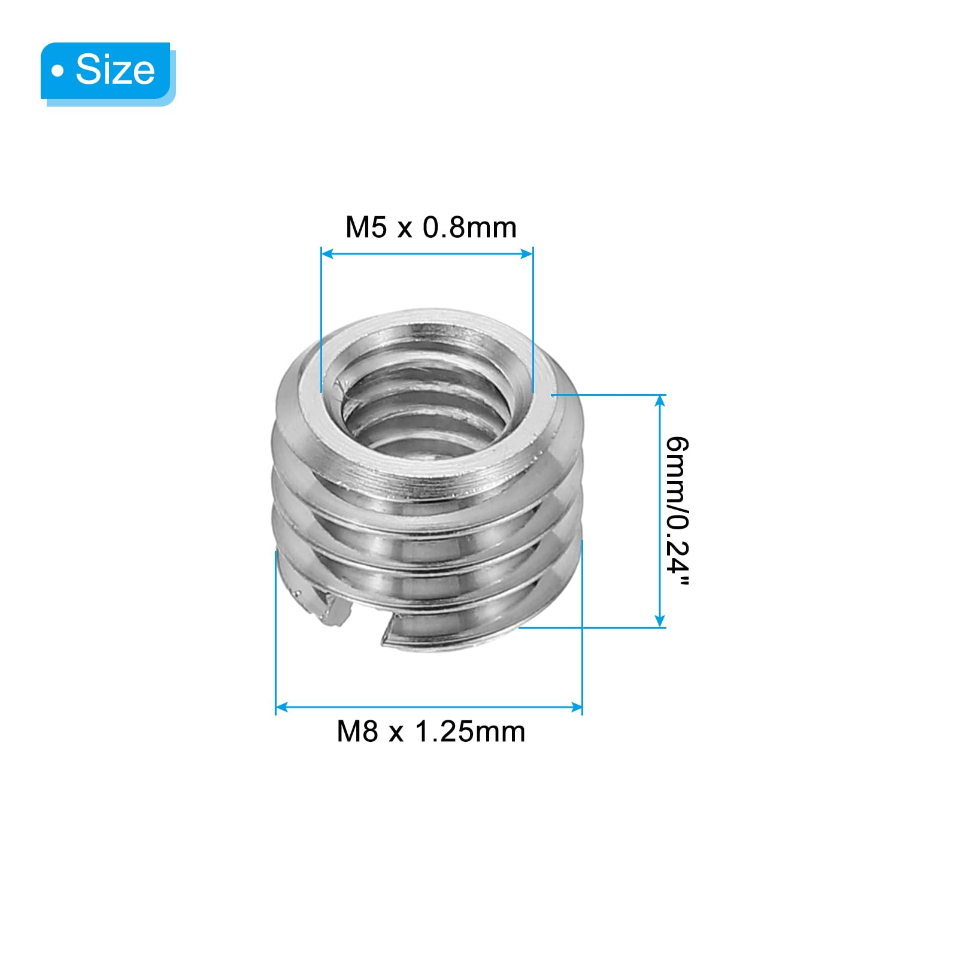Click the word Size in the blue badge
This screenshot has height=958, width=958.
[x=115, y=69]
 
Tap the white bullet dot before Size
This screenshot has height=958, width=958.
[x=58, y=72]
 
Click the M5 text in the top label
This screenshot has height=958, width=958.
[x=366, y=228]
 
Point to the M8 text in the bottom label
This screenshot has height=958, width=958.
[x=357, y=732]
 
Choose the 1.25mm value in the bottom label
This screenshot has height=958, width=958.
[x=469, y=732]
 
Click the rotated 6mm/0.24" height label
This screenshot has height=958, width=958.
[x=678, y=511]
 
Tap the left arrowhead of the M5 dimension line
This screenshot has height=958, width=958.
[x=327, y=254]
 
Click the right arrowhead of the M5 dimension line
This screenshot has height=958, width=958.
[x=527, y=254]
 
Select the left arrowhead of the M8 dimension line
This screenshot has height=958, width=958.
[x=281, y=707]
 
